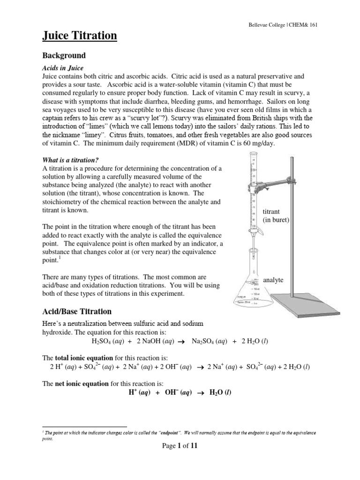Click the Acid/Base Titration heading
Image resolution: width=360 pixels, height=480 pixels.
tap(77, 311)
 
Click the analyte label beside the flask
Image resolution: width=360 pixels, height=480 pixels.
tap(273, 280)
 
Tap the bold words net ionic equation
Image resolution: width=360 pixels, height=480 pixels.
tap(81, 383)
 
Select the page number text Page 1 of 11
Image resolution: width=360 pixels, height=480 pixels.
tap(180, 446)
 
